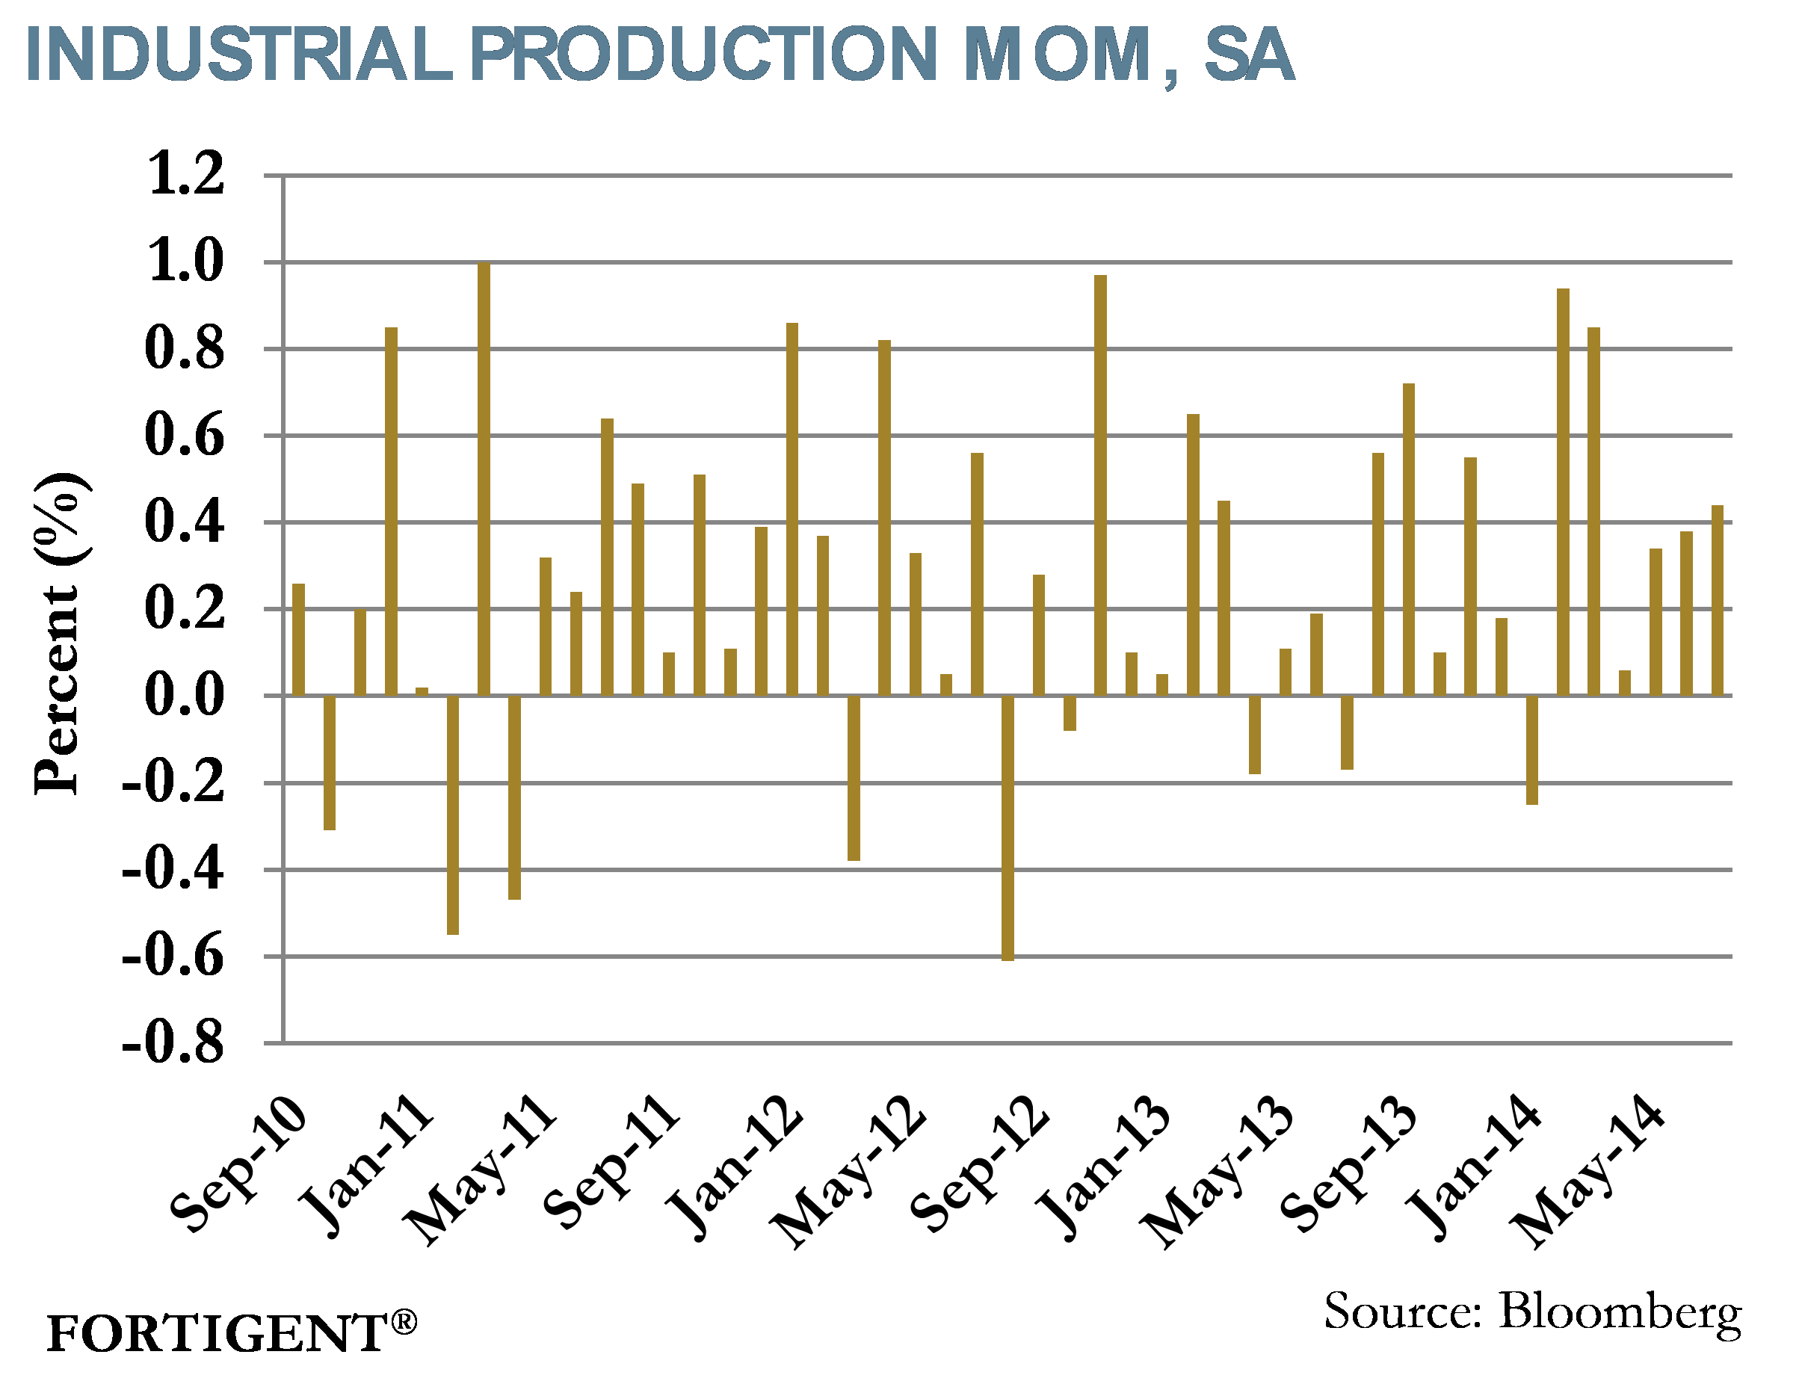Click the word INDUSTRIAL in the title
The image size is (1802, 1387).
pyautogui.click(x=239, y=55)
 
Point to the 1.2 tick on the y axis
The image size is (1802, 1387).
pyautogui.click(x=185, y=174)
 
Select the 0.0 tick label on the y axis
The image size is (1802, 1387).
pyautogui.click(x=184, y=695)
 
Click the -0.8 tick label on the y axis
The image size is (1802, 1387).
pyautogui.click(x=173, y=1044)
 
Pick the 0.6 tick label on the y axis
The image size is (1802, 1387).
pyautogui.click(x=184, y=435)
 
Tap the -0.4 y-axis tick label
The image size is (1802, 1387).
pyautogui.click(x=173, y=870)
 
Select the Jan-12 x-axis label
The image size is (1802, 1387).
pyautogui.click(x=735, y=1167)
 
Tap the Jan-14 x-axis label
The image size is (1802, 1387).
pyautogui.click(x=1474, y=1167)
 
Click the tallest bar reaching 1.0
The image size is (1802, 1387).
pyautogui.click(x=484, y=478)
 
